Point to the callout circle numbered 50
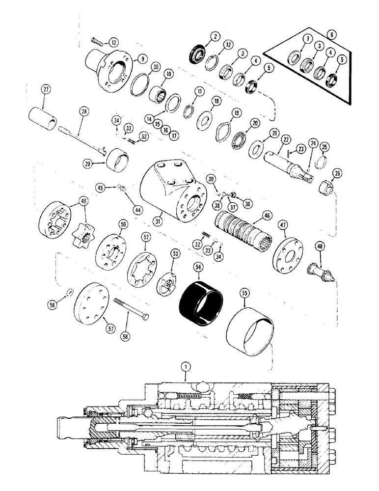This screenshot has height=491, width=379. click(x=121, y=224)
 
